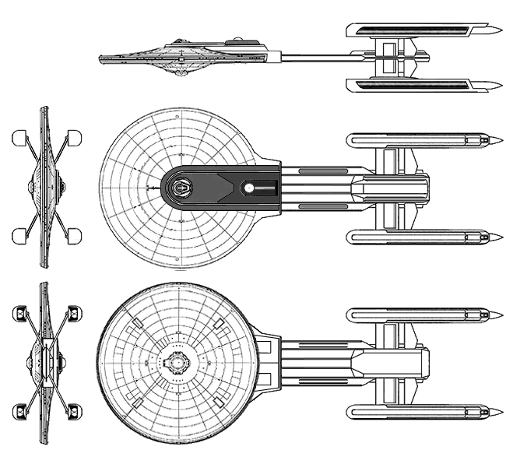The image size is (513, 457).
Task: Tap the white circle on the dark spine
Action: (248, 188)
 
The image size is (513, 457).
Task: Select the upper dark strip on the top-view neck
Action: (318, 170)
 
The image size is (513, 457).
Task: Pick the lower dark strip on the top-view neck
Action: (318, 206)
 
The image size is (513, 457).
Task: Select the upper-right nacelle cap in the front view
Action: (76, 139)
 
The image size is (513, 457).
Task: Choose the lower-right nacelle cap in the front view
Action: (76, 235)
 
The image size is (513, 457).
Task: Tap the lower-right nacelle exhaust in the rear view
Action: (75, 410)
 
